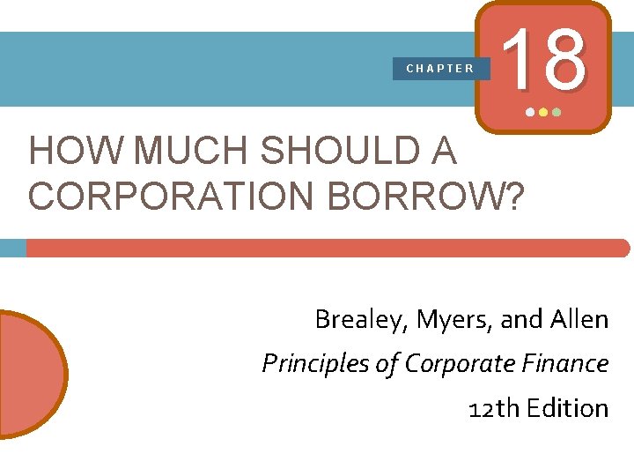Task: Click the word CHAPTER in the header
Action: [x=440, y=68]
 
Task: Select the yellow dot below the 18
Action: [x=542, y=114]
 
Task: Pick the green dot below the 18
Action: [x=557, y=114]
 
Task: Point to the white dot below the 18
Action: [x=529, y=114]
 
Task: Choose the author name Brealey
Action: [x=355, y=319]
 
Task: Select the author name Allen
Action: [x=578, y=319]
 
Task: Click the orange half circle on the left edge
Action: [x=31, y=374]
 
